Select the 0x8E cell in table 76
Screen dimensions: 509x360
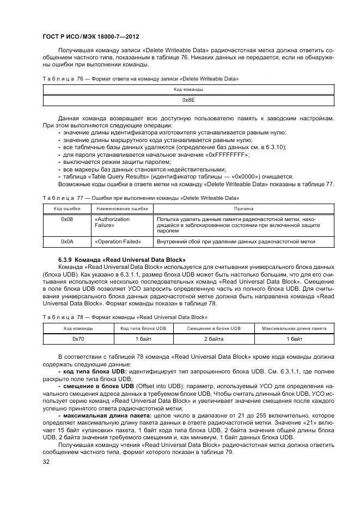coord(188,101)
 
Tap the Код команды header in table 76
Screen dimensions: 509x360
coord(188,89)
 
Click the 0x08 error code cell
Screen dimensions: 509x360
coord(67,219)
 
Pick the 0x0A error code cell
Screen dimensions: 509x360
coord(67,241)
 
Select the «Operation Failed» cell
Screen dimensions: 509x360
coord(118,241)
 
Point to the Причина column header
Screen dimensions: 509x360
coord(243,208)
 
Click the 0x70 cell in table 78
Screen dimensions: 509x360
coord(78,339)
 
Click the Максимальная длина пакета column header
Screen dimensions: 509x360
coord(294,328)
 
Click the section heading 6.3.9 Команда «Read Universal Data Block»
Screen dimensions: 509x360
coord(122,260)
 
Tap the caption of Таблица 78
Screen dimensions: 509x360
coord(132,317)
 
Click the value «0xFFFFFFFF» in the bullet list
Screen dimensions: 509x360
coord(227,155)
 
